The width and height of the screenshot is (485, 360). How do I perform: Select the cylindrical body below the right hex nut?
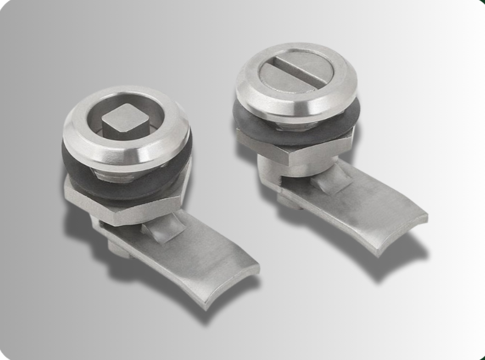[274, 170]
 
